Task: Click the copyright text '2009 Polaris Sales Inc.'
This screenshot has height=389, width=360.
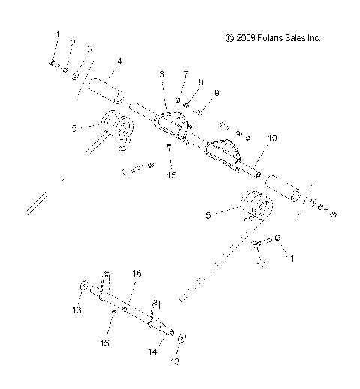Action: (282, 37)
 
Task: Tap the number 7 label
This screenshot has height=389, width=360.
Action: (186, 75)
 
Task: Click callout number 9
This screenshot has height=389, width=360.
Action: (217, 92)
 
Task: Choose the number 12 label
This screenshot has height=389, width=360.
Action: (261, 265)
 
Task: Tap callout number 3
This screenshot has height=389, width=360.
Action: (89, 49)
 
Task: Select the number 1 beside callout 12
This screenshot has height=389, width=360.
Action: (293, 257)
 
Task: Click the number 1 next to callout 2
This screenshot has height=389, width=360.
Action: (57, 34)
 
